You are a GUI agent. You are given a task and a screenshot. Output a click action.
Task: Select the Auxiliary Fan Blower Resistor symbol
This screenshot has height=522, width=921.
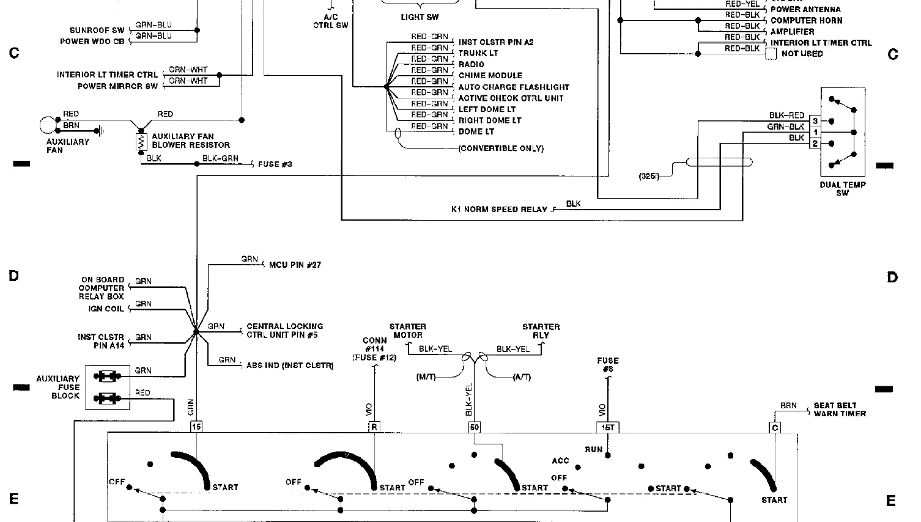pos(142,142)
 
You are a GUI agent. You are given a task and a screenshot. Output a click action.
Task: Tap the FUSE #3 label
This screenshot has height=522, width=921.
pos(275,164)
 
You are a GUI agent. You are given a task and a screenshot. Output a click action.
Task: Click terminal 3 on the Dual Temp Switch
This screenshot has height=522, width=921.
pos(815,122)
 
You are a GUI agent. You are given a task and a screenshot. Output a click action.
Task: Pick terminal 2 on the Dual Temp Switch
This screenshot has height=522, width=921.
pos(815,144)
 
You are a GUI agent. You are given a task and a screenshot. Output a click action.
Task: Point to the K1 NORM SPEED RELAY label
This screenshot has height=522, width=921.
pos(499,210)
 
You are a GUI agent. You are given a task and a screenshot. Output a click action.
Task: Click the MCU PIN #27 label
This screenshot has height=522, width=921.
pos(295,265)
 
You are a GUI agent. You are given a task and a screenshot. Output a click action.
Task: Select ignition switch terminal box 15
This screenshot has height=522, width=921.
pos(196,427)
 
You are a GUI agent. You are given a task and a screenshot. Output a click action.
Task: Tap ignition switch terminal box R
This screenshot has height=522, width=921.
pos(374,427)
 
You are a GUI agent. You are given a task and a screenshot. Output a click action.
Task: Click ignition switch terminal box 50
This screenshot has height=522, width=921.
pos(475,427)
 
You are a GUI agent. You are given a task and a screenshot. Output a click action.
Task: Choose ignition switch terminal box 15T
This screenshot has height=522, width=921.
pos(607,427)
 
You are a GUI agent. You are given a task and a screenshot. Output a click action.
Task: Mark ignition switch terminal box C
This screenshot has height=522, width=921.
pos(775,427)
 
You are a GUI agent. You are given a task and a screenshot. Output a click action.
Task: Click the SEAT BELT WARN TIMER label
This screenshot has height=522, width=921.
pos(840,410)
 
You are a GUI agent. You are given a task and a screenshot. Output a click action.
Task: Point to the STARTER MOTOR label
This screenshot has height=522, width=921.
pos(407,331)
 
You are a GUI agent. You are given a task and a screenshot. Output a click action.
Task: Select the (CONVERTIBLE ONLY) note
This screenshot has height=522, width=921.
pos(501,149)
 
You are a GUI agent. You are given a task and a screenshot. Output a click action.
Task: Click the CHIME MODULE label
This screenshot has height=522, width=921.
pos(490,76)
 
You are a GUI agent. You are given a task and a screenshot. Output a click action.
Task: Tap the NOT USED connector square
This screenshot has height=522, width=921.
pos(771,54)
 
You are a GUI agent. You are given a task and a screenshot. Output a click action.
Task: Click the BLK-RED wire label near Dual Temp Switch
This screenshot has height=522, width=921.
pos(786,116)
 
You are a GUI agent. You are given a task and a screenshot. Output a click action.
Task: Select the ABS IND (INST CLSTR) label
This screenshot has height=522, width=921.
pos(290,366)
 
